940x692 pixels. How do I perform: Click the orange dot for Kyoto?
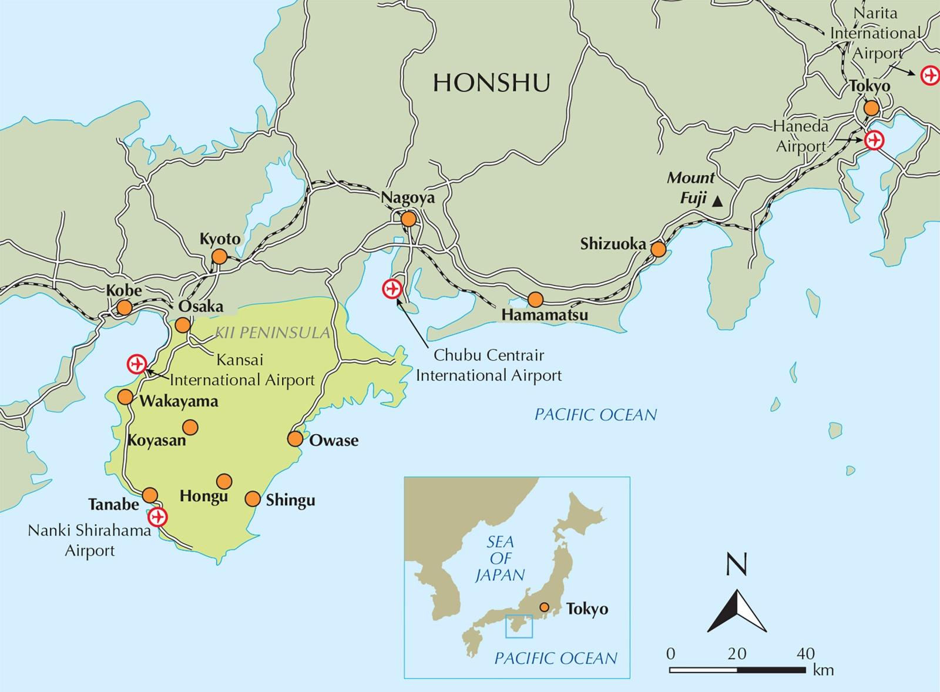pyautogui.click(x=219, y=257)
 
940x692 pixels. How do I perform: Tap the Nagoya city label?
pyautogui.click(x=408, y=198)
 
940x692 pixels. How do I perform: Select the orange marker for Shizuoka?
pyautogui.click(x=659, y=250)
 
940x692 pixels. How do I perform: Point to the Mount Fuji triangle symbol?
pyautogui.click(x=717, y=202)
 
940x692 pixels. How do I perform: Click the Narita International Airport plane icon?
pyautogui.click(x=929, y=76)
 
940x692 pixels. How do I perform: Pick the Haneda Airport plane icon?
pyautogui.click(x=874, y=140)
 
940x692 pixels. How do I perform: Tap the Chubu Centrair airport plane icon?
pyautogui.click(x=391, y=289)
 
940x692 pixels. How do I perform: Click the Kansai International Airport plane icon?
pyautogui.click(x=137, y=364)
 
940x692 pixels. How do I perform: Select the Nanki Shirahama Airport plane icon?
pyautogui.click(x=157, y=517)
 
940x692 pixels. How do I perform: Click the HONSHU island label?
pyautogui.click(x=491, y=83)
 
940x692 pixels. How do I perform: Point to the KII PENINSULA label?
pyautogui.click(x=272, y=333)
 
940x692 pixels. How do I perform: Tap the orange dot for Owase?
pyautogui.click(x=295, y=439)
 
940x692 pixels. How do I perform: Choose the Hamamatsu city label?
pyautogui.click(x=545, y=315)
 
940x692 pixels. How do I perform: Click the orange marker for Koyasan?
pyautogui.click(x=190, y=427)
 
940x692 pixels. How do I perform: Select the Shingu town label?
pyautogui.click(x=290, y=500)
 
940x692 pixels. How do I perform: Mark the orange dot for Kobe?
pyautogui.click(x=124, y=308)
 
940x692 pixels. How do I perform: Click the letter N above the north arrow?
pyautogui.click(x=737, y=565)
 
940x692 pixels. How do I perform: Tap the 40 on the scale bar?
pyautogui.click(x=805, y=653)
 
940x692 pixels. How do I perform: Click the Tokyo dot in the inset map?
pyautogui.click(x=545, y=607)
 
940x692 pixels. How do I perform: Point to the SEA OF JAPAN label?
pyautogui.click(x=500, y=558)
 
